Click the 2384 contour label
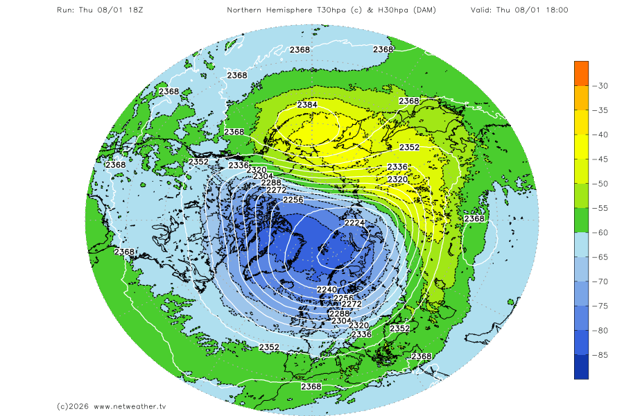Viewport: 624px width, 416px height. coord(307,105)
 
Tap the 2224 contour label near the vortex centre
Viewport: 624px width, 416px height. coord(354,223)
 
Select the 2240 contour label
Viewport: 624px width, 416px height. coord(326,289)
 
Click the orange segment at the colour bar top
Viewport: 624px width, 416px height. coord(581,73)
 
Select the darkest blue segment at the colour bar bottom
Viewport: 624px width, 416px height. coord(581,367)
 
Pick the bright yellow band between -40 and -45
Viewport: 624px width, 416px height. coord(581,147)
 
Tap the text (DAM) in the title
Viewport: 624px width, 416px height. coord(441,10)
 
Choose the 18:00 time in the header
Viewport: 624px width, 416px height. coord(555,10)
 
